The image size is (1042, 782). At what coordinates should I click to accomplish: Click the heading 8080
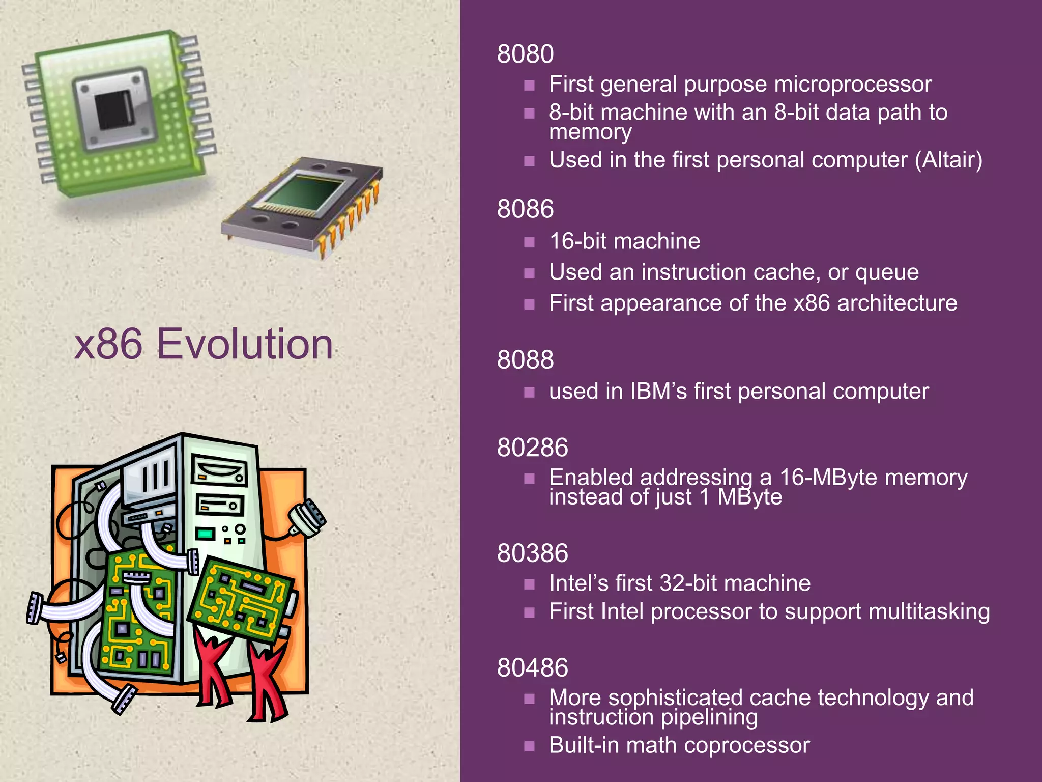coord(525,54)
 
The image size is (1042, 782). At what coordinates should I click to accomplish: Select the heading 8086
coord(525,209)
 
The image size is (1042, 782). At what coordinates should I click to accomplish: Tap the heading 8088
coord(525,360)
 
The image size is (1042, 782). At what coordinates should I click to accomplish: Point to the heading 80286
coord(532,448)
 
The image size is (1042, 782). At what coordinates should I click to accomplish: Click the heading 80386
coord(532,553)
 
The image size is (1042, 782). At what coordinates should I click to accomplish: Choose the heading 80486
coord(532,668)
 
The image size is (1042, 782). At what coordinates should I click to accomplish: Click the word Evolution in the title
coord(245,344)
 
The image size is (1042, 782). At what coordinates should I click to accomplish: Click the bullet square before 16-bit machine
coord(530,242)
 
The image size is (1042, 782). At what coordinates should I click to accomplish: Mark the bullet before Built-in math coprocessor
coord(530,746)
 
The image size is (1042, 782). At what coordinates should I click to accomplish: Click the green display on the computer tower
coord(206,534)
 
